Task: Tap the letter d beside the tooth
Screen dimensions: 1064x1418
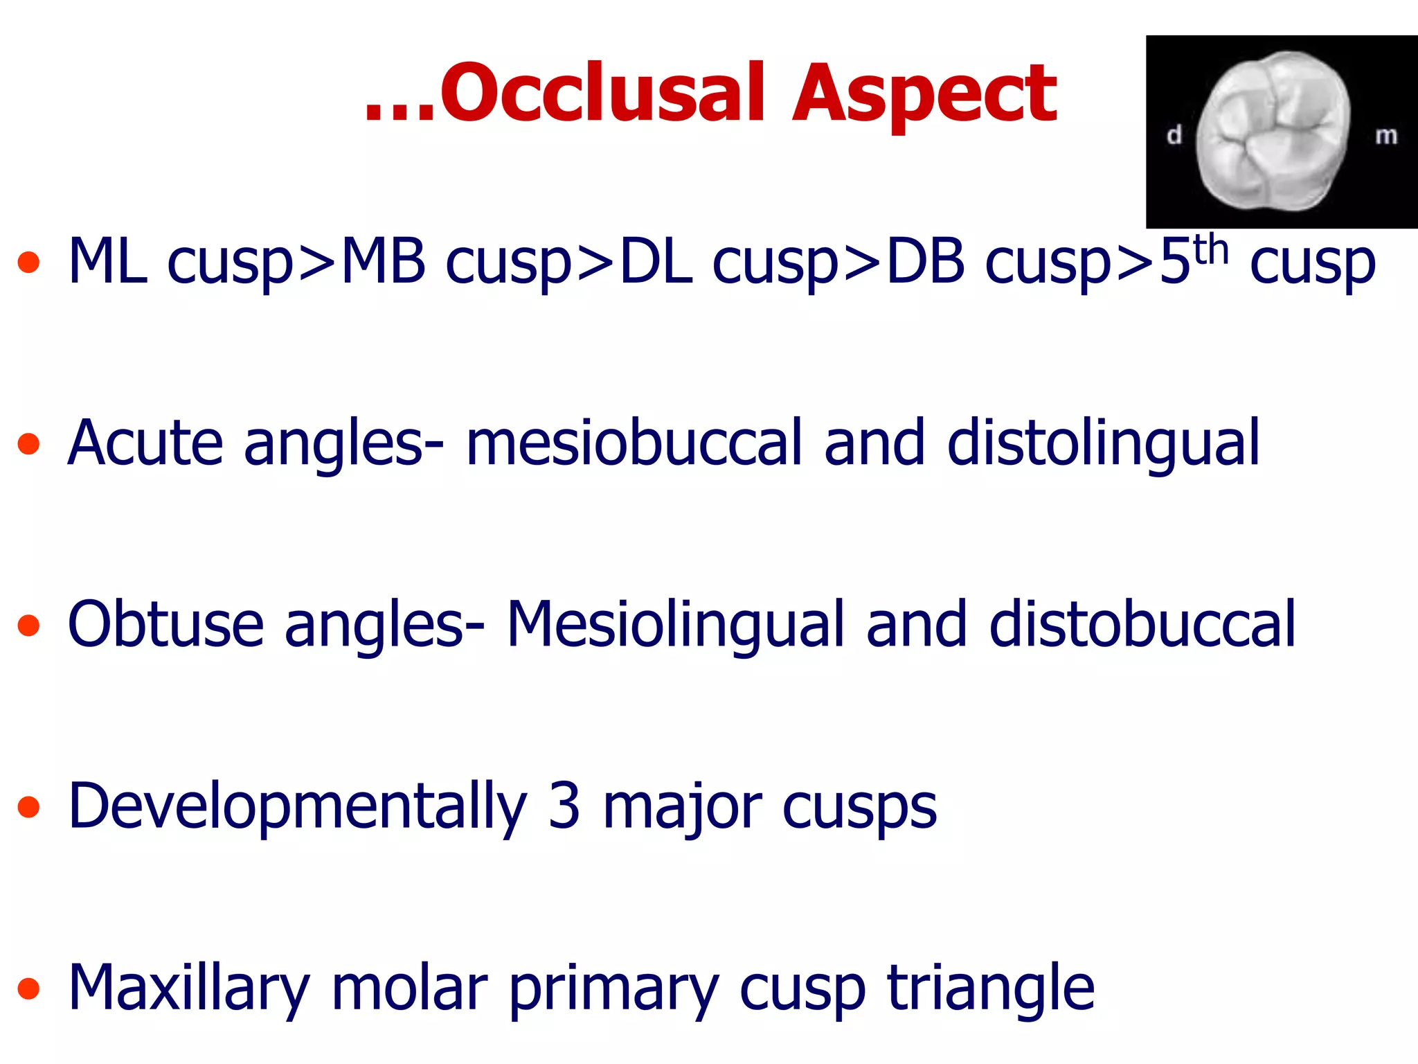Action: (x=1174, y=135)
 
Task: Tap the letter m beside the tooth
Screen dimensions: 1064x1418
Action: (x=1386, y=136)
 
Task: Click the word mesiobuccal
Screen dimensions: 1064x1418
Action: (x=634, y=443)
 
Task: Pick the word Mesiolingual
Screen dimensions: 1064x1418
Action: (x=675, y=626)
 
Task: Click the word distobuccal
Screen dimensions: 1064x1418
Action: (x=1142, y=626)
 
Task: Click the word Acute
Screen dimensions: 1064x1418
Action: (x=145, y=443)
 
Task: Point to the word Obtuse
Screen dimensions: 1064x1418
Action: (x=166, y=626)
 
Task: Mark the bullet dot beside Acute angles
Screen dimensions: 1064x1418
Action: (x=28, y=444)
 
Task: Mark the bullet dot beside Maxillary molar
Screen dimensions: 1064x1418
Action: (x=28, y=988)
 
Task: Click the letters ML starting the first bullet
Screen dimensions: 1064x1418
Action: (x=107, y=262)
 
